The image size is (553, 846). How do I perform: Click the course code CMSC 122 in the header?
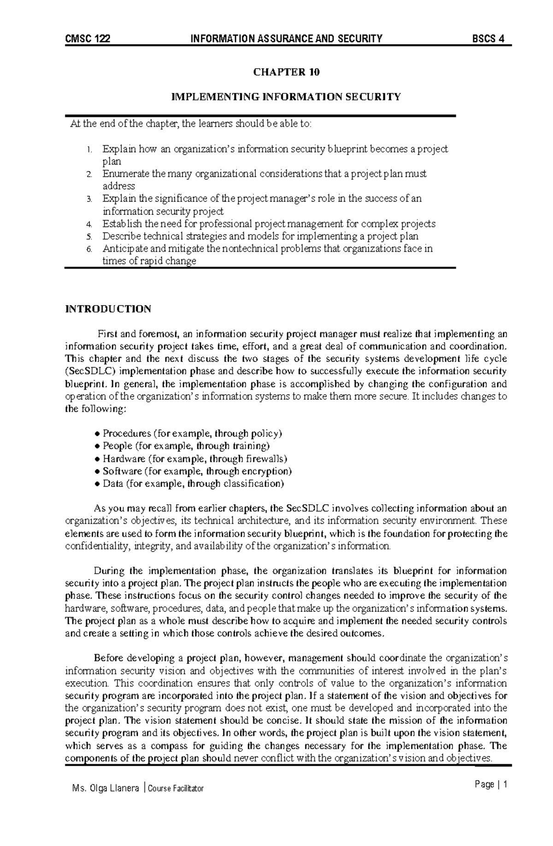pos(88,39)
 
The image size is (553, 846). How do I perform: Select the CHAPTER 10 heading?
pos(285,72)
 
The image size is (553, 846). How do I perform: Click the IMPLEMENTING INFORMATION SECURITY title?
pos(286,97)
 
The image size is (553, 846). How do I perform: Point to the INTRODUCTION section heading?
pos(108,309)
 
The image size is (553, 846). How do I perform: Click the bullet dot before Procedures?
pos(97,434)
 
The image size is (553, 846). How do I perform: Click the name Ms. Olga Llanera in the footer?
pos(106,788)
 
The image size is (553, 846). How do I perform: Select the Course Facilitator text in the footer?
pos(176,789)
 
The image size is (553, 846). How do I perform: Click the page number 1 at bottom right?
pos(505,785)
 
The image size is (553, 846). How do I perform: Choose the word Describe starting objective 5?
pos(123,237)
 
